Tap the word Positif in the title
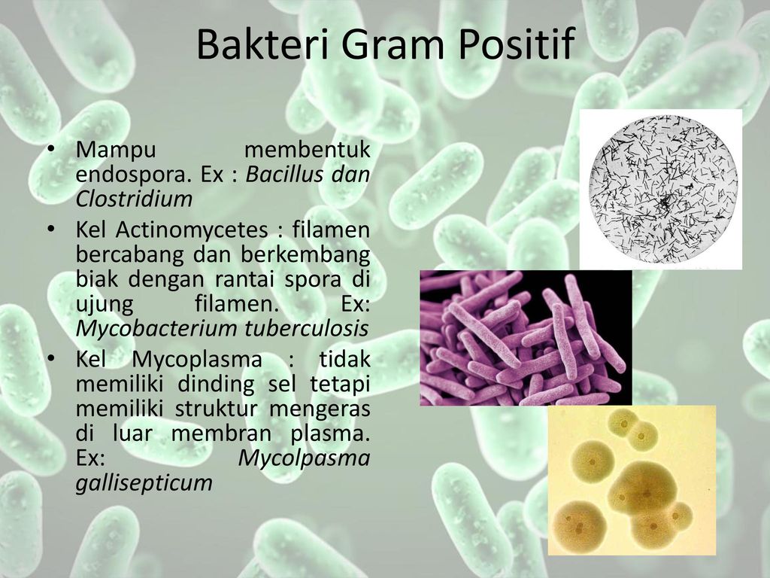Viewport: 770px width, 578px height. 517,45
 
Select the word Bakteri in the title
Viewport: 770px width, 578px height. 262,44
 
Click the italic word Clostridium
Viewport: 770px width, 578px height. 134,199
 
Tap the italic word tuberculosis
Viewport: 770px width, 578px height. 301,328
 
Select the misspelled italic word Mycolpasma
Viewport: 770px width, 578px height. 304,458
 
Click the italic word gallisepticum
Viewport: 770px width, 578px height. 144,483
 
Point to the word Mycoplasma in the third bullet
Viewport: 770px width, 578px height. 197,359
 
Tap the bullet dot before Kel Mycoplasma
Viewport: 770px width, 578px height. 50,359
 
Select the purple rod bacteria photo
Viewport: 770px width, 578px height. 526,338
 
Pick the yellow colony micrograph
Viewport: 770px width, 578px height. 632,480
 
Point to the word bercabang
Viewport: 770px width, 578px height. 129,254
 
